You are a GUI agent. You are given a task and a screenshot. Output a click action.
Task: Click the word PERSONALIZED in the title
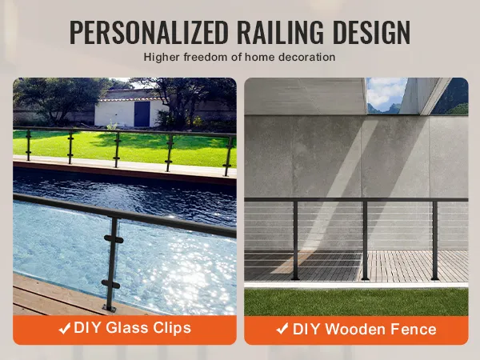[149, 32]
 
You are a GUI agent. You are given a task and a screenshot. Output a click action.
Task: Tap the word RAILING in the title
[280, 32]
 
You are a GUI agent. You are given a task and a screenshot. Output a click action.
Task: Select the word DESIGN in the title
[371, 32]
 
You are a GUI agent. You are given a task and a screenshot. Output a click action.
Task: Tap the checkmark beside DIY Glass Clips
[65, 329]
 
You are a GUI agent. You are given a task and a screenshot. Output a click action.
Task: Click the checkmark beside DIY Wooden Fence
[282, 329]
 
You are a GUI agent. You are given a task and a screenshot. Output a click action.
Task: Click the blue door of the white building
[142, 114]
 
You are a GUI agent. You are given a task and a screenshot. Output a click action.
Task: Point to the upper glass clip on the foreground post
[114, 239]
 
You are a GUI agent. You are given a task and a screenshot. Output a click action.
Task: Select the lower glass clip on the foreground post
[110, 285]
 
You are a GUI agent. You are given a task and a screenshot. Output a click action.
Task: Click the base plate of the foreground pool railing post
[110, 308]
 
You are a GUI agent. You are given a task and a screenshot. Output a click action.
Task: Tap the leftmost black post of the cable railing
[295, 240]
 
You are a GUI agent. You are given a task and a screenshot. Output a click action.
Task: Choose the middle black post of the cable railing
[365, 240]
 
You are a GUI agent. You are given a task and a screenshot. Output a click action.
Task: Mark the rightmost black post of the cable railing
[434, 240]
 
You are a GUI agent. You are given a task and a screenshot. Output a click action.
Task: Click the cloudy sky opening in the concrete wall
[386, 95]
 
